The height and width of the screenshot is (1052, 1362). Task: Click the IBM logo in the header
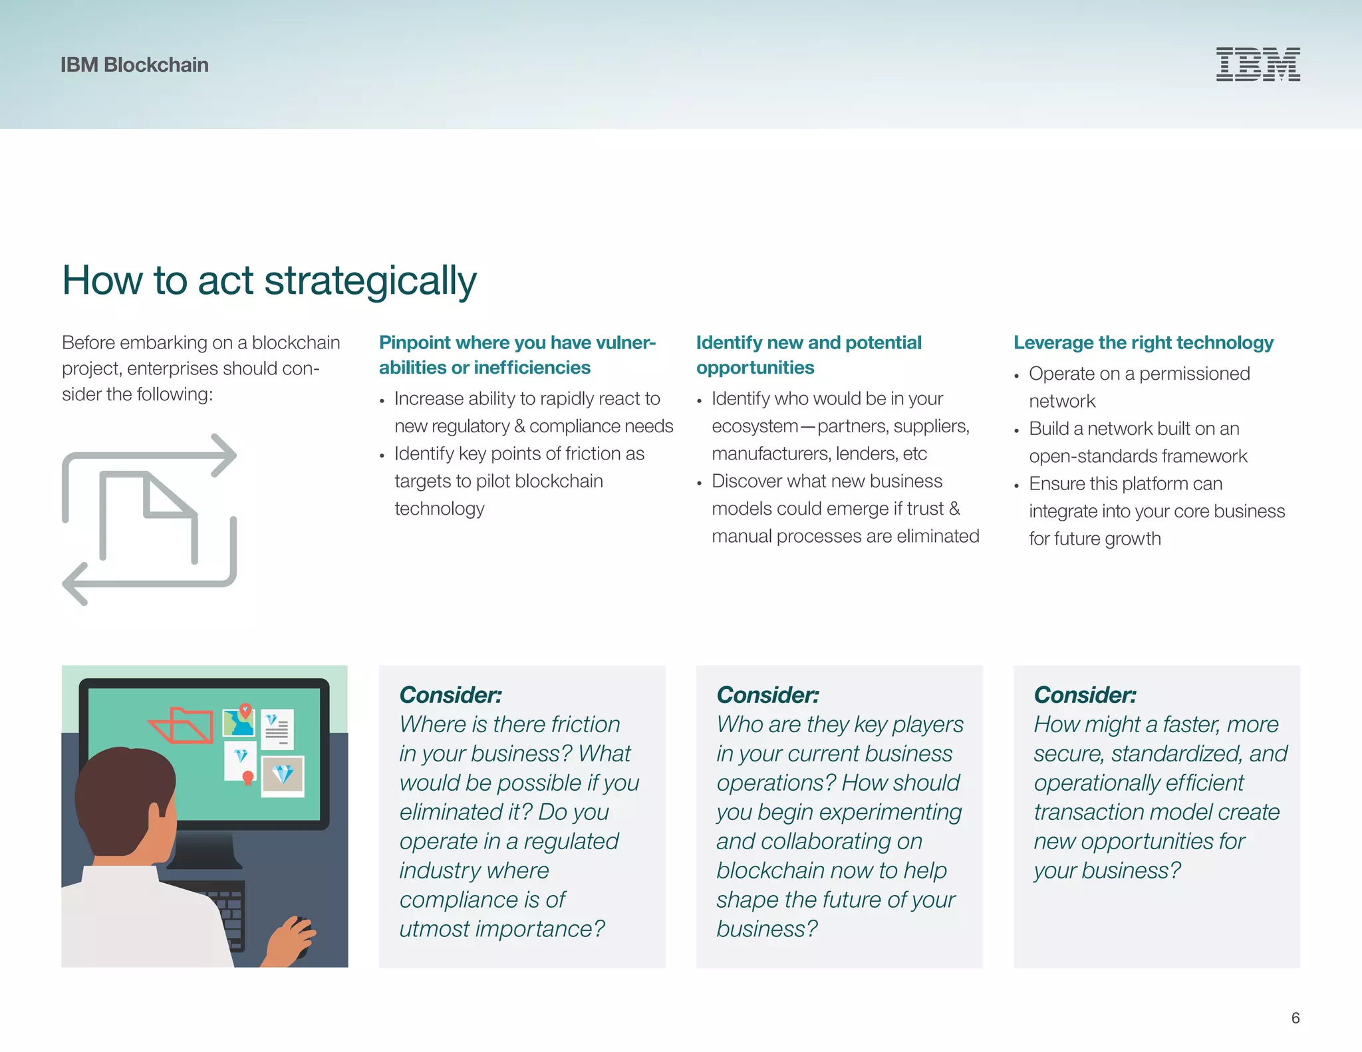1258,65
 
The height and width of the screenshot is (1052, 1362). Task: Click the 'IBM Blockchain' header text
134,65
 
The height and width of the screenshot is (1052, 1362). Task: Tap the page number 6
1295,1017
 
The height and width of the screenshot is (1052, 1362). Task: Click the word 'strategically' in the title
370,281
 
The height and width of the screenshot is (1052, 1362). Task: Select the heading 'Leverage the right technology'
1143,342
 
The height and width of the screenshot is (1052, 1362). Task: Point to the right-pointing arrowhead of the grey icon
227,456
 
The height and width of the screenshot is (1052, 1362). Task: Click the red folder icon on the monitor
182,725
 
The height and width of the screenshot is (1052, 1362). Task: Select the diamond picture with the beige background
283,775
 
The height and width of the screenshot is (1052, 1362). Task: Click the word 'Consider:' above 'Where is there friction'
450,695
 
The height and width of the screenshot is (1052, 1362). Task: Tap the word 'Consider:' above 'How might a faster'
1085,695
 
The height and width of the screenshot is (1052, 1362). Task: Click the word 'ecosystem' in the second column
754,426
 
